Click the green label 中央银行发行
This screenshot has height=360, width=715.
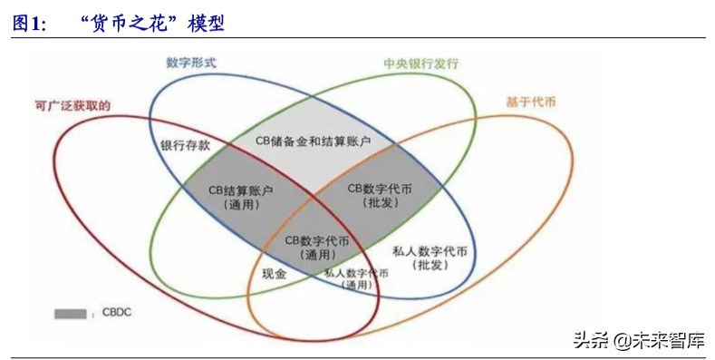click(420, 64)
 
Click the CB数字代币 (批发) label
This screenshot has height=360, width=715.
click(381, 195)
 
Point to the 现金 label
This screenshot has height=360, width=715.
click(274, 272)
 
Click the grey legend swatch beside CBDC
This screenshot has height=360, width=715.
click(70, 314)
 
